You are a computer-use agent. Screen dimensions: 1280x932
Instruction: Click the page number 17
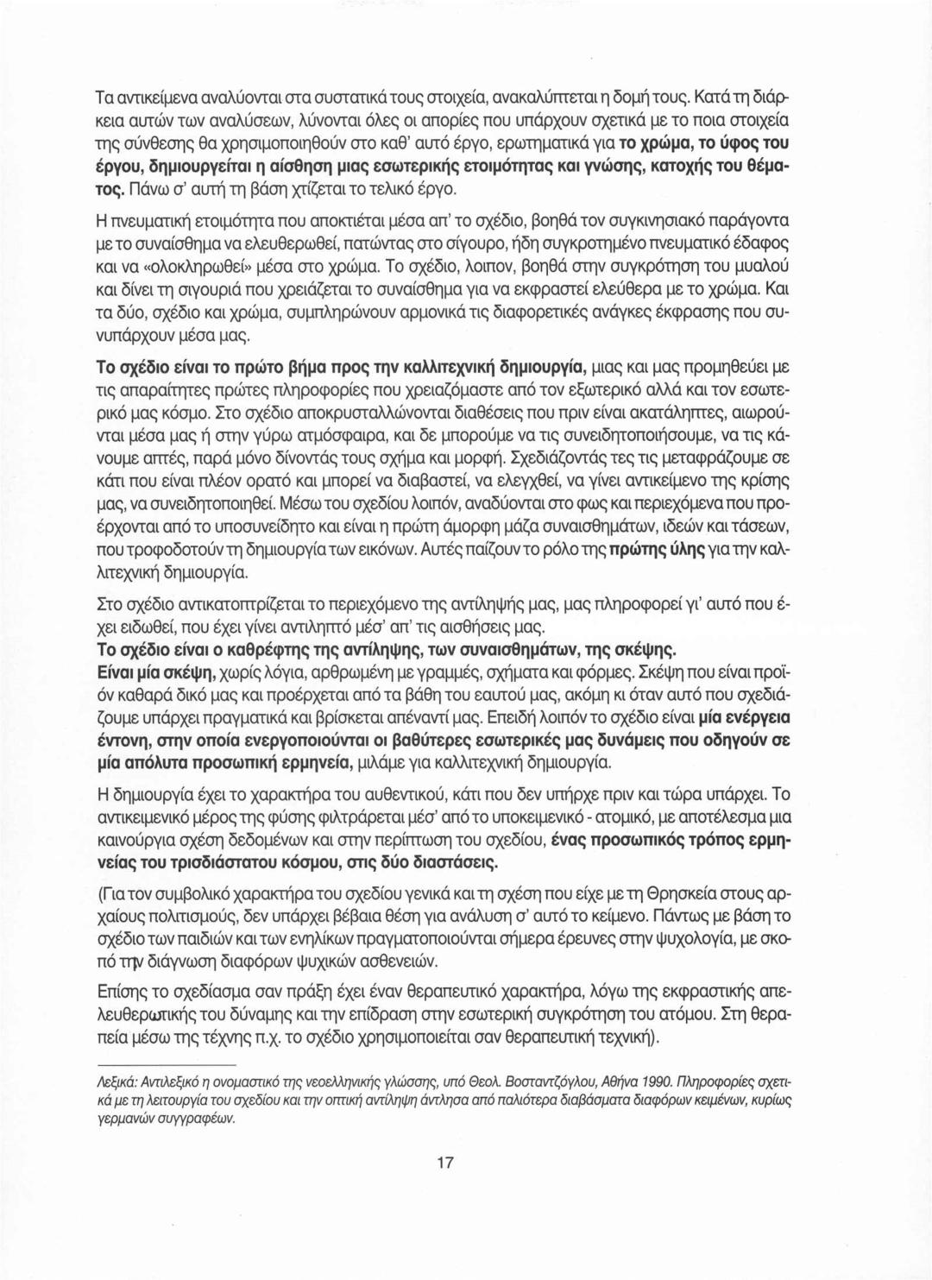click(445, 1162)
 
